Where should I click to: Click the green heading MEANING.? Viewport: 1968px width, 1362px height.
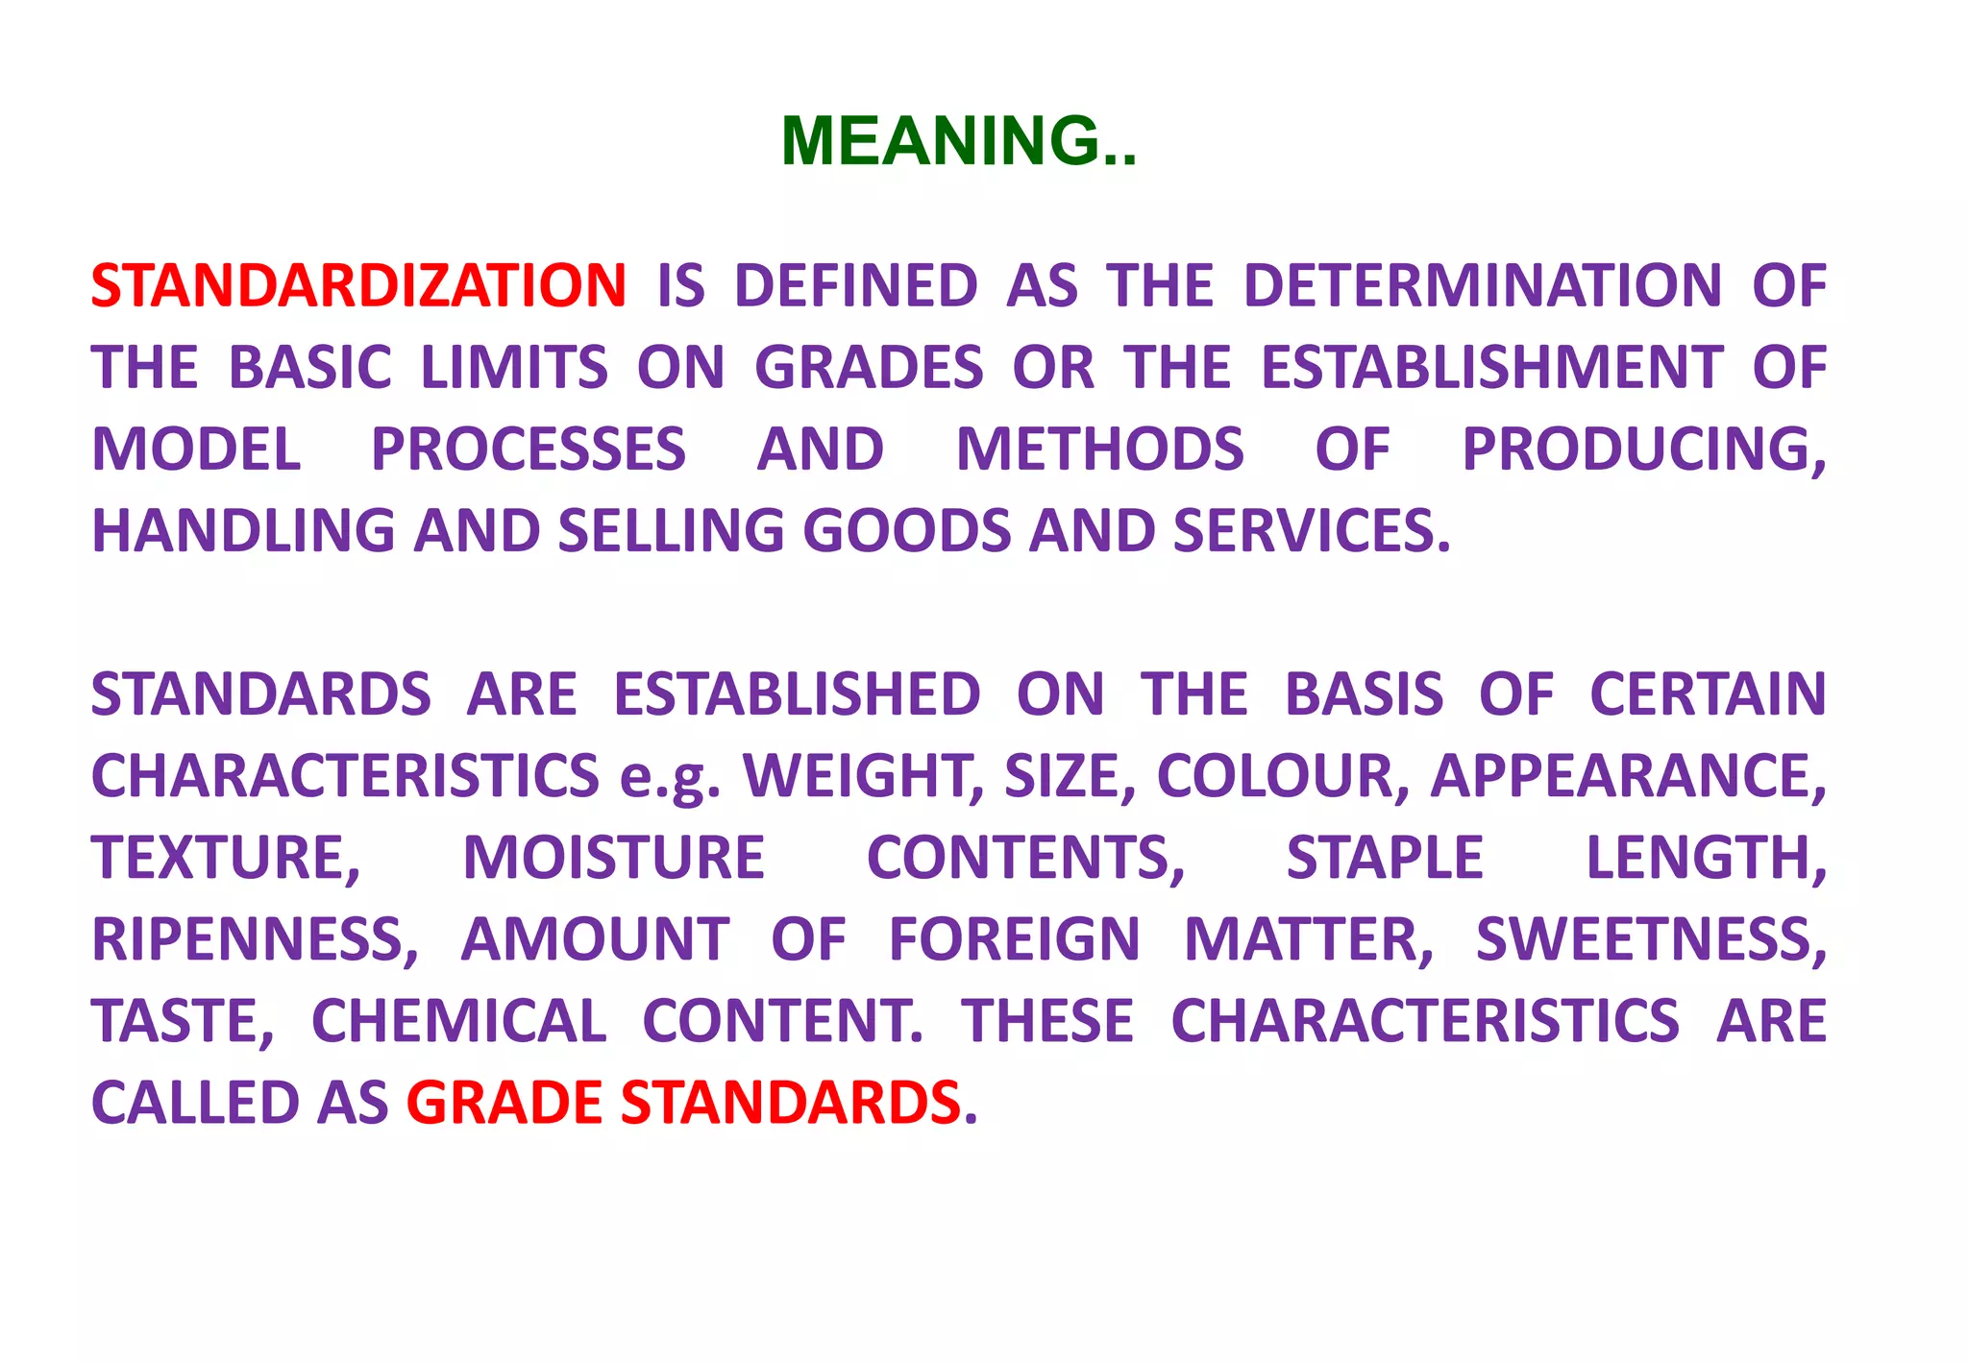pos(958,141)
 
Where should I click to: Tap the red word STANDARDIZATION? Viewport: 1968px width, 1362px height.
pos(358,286)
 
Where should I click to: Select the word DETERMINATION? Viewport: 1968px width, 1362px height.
pos(1482,286)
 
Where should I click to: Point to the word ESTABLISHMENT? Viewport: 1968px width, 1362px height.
pos(1491,368)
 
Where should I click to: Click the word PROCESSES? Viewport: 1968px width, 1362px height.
pos(529,450)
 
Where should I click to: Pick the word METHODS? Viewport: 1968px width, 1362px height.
pos(1099,450)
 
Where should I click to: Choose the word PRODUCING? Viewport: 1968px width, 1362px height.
pos(1643,450)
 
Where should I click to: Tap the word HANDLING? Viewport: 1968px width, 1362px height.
pos(243,531)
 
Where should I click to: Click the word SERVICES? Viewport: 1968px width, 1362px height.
pos(1311,531)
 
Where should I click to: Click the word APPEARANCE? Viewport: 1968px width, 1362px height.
pos(1628,776)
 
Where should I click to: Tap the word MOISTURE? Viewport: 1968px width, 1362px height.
pos(613,858)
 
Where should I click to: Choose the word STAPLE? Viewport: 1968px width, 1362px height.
pos(1385,858)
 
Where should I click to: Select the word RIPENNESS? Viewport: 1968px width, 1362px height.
pos(255,939)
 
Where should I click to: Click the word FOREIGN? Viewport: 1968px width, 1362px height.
pos(1014,939)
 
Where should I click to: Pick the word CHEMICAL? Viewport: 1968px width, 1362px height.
pos(458,1021)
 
